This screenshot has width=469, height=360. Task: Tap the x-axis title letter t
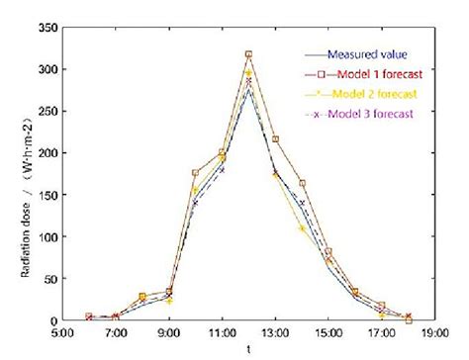[248, 350]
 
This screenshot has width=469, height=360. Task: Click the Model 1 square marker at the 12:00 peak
[248, 54]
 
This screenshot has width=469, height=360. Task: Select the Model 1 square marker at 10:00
[195, 173]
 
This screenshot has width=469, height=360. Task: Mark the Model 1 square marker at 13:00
[275, 139]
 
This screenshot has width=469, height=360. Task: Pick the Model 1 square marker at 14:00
[302, 183]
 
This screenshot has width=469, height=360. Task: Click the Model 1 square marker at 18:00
[409, 319]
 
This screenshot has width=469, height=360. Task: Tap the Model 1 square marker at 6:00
[89, 316]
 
